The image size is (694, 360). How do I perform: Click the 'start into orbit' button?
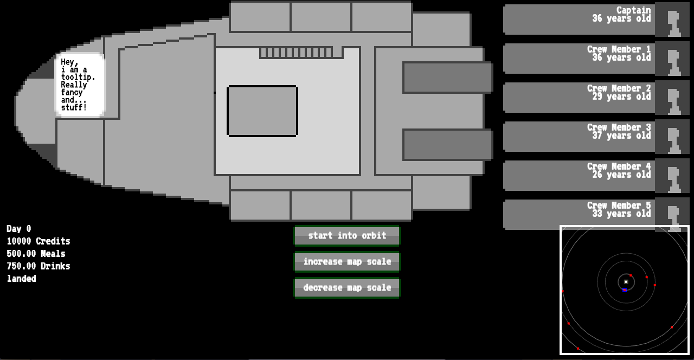[347, 236]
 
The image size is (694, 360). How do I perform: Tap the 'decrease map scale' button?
[347, 288]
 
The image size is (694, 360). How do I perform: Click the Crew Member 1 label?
[619, 49]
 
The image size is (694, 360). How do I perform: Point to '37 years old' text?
[621, 136]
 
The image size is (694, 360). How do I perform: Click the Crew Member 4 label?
[619, 166]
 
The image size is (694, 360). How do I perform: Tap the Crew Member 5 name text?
[619, 205]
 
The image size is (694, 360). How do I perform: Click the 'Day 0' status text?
[18, 229]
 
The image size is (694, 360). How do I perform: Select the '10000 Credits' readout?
[38, 241]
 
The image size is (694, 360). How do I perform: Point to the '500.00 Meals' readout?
[36, 254]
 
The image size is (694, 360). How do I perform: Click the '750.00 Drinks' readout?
[38, 266]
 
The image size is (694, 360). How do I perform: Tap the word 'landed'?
[21, 279]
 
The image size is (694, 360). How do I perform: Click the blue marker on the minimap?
[625, 290]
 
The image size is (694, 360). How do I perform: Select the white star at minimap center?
[626, 281]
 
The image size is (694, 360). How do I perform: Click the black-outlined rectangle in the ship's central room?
[262, 111]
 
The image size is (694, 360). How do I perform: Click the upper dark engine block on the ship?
[448, 78]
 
